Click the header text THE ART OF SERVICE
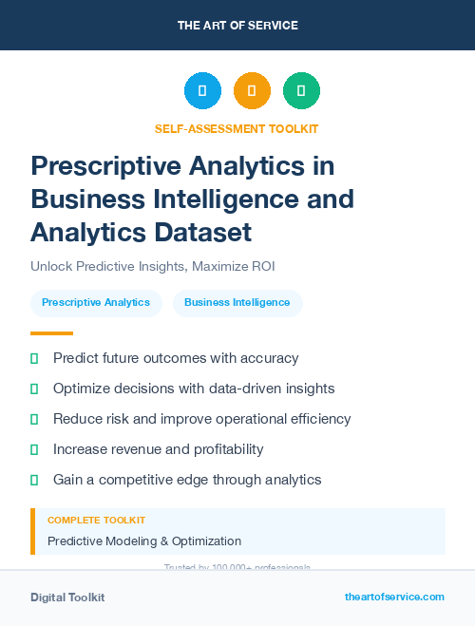click(x=237, y=26)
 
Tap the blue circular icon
click(x=202, y=91)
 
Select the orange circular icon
click(x=252, y=91)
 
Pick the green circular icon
click(x=301, y=91)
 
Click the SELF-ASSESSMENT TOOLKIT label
click(x=237, y=128)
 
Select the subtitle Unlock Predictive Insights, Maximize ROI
click(x=152, y=267)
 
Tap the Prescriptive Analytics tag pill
click(x=96, y=302)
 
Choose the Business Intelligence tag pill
click(x=237, y=302)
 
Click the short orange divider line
click(x=51, y=333)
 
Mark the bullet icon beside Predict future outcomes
click(x=34, y=358)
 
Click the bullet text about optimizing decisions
click(x=194, y=389)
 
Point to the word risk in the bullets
click(x=121, y=419)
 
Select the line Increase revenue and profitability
click(x=160, y=449)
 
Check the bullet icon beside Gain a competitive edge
click(x=34, y=480)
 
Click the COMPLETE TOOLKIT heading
click(x=97, y=521)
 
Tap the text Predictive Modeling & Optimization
click(x=144, y=541)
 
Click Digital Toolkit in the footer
click(x=67, y=598)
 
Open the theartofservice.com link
click(x=394, y=597)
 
